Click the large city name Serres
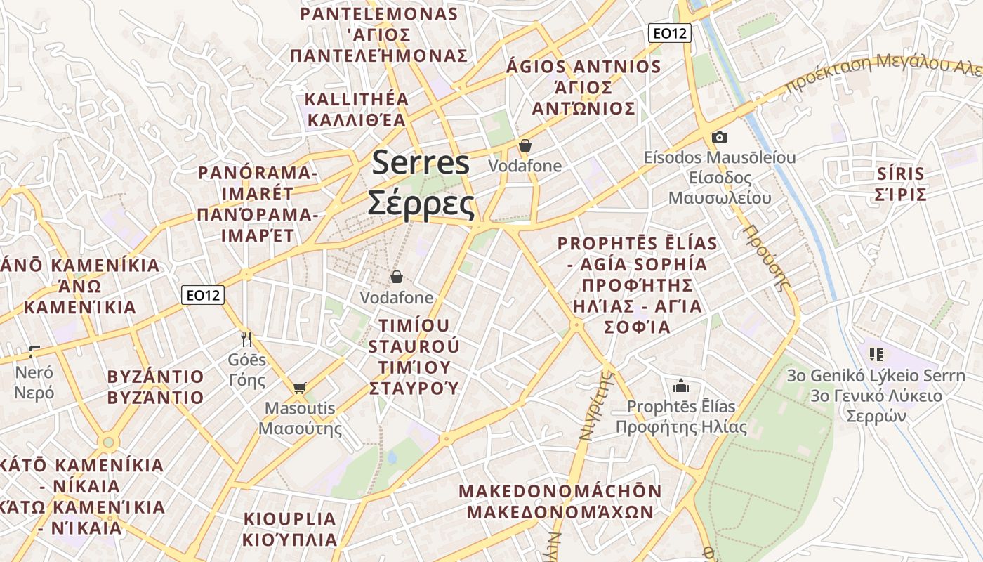coord(421,163)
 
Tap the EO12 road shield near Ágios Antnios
coord(669,32)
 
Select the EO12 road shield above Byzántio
coord(203,295)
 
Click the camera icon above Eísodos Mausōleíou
coord(719,137)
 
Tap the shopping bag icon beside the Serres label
coord(525,146)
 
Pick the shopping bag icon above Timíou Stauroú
coord(396,277)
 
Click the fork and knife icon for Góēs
coord(246,339)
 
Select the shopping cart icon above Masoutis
coord(300,388)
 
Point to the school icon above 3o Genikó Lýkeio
coord(875,355)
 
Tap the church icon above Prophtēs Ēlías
coord(680,386)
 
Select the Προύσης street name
coord(767,257)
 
